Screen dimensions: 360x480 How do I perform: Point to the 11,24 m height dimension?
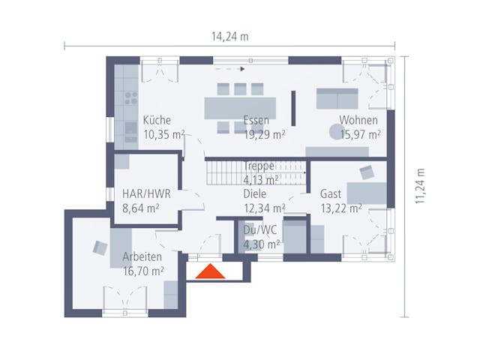click(x=421, y=184)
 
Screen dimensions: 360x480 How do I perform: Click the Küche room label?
click(x=157, y=120)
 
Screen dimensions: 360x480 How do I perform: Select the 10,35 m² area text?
click(x=163, y=135)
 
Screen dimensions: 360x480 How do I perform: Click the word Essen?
click(x=256, y=120)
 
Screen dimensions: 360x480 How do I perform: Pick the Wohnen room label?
click(x=358, y=120)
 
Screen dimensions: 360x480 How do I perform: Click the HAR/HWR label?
click(x=146, y=193)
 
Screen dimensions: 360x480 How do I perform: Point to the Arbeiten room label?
click(x=142, y=256)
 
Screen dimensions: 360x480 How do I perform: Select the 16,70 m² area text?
click(x=144, y=271)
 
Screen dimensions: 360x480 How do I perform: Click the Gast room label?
click(x=331, y=193)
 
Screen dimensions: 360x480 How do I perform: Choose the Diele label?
click(x=254, y=193)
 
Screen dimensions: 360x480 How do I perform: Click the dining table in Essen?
click(x=240, y=108)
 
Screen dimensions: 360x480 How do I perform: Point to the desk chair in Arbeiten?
click(x=100, y=247)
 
